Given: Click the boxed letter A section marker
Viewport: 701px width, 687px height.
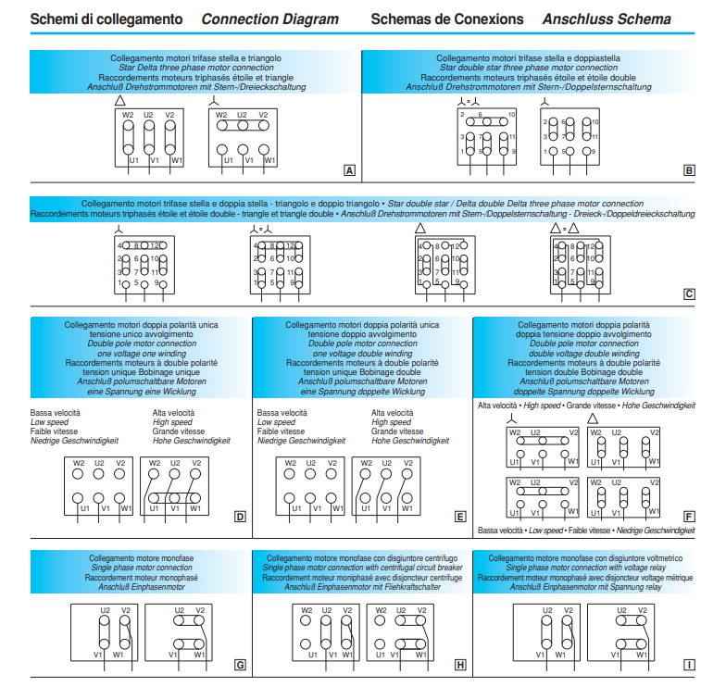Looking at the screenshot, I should coord(349,170).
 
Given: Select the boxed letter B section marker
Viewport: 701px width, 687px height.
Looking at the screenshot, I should coord(689,170).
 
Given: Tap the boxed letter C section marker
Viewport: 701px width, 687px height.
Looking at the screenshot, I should coord(689,295).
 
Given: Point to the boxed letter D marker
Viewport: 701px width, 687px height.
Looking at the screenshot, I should coord(240,517).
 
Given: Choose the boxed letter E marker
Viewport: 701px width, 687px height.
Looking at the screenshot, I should coord(460,517).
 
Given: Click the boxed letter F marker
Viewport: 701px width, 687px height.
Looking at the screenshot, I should coord(689,517).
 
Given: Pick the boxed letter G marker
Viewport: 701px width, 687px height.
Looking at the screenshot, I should coord(240,665).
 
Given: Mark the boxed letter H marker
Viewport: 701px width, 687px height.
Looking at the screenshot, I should coord(460,665).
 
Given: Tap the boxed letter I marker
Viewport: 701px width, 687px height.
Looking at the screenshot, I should coord(689,665).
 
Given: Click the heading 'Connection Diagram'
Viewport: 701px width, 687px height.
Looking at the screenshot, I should coord(269,19).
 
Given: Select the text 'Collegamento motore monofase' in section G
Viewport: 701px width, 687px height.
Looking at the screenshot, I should coord(142,559).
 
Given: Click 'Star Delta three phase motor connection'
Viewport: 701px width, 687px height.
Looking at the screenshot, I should coord(195,68).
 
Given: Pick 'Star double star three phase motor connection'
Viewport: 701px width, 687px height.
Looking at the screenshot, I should coord(528,68).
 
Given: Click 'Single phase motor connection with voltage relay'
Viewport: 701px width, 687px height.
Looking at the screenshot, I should coord(585,568).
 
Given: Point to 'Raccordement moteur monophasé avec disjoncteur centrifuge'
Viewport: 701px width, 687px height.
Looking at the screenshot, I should coord(362,577).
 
